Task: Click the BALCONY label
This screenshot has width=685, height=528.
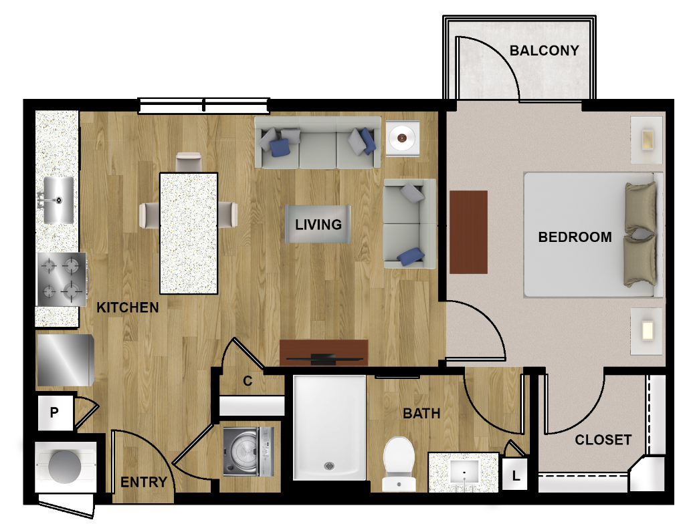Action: click(x=544, y=51)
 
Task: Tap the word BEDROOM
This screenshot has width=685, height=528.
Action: click(x=575, y=237)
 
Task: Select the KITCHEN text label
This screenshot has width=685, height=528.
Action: click(x=128, y=307)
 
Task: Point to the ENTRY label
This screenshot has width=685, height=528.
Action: click(x=144, y=482)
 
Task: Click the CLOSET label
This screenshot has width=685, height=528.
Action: click(x=603, y=440)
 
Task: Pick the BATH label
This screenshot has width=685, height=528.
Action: click(x=421, y=413)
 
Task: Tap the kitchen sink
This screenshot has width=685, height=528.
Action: click(x=59, y=201)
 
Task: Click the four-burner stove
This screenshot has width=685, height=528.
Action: click(x=62, y=279)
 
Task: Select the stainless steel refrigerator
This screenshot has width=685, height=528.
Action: click(x=65, y=360)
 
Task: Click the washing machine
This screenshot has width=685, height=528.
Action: click(x=249, y=451)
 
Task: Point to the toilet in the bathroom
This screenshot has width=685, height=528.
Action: click(x=399, y=464)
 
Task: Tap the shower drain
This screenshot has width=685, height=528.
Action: click(x=329, y=466)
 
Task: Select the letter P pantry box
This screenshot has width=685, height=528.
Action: click(x=55, y=412)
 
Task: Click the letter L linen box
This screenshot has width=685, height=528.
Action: click(x=516, y=474)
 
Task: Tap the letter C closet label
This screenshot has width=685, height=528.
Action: click(x=248, y=381)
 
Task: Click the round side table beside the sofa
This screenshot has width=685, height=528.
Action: click(x=402, y=138)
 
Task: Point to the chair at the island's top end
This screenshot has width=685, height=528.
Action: click(x=189, y=162)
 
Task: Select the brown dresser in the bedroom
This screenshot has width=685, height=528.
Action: click(x=468, y=232)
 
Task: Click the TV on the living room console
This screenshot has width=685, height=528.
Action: click(x=324, y=359)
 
